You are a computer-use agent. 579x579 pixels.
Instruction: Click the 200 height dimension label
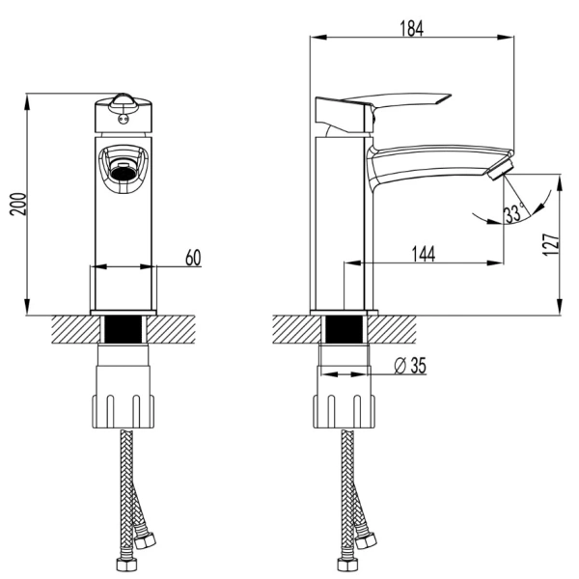pyautogui.click(x=18, y=205)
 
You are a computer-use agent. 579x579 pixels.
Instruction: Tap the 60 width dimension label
pyautogui.click(x=193, y=258)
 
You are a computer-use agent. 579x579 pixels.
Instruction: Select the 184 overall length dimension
pyautogui.click(x=412, y=28)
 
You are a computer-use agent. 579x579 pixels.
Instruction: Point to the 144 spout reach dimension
pyautogui.click(x=424, y=254)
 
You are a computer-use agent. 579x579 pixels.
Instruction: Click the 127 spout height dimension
pyautogui.click(x=551, y=244)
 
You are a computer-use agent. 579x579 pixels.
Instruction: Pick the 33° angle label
pyautogui.click(x=514, y=213)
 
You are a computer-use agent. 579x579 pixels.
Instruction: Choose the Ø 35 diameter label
pyautogui.click(x=410, y=366)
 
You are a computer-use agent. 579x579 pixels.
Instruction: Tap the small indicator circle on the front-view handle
pyautogui.click(x=123, y=119)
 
